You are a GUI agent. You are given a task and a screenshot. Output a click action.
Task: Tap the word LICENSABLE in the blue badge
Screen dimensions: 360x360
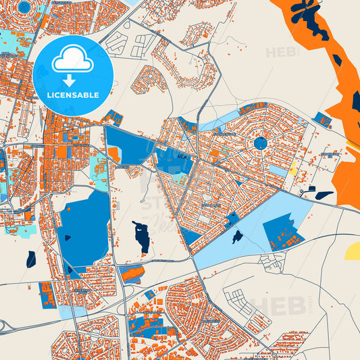click(x=73, y=95)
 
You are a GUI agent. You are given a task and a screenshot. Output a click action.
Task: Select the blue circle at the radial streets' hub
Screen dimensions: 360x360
click(x=260, y=143)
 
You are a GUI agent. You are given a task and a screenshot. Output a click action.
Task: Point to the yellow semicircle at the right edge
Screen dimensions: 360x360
click(x=353, y=252)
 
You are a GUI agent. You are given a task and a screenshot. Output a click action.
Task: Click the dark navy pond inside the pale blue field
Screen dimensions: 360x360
click(x=237, y=237)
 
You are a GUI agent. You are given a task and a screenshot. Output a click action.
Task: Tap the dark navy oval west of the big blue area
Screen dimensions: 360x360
click(x=31, y=258)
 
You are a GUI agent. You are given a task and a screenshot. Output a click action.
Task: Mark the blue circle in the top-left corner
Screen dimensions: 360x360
click(x=25, y=7)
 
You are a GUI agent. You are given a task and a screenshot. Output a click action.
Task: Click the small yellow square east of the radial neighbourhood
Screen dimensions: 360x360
click(x=293, y=172)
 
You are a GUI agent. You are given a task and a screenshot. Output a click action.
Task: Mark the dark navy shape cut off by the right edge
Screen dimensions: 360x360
click(x=355, y=101)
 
